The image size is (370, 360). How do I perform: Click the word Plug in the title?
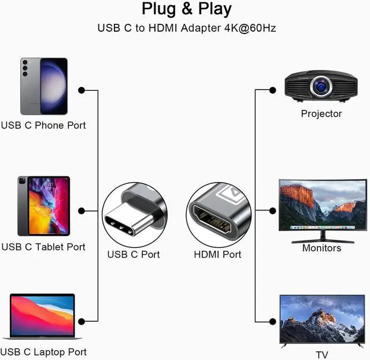pos(158,9)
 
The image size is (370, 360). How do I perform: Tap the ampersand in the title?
pos(187,9)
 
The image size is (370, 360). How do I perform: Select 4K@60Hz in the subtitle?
pos(250,28)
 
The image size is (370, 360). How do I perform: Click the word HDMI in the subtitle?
pos(162,28)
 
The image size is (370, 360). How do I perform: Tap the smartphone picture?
pos(44,86)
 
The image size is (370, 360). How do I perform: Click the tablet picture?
pos(44,206)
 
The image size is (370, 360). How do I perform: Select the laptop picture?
pos(42,316)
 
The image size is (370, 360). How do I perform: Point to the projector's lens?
pos(321,86)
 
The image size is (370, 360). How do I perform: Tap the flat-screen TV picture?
pos(322,321)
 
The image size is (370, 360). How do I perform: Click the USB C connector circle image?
pos(135,215)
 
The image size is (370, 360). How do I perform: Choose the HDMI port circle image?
pos(219,215)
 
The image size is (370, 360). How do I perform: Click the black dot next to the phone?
pos(82,90)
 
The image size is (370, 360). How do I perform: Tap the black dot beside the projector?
pos(272,90)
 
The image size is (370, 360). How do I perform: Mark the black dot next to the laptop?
pos(82,321)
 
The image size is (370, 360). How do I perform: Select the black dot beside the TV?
pos(272,321)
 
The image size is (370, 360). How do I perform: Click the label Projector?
pos(321,114)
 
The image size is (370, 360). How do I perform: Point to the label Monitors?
pos(321,248)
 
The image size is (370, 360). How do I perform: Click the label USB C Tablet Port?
pos(43,247)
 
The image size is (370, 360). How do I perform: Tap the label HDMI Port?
pos(217,255)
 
